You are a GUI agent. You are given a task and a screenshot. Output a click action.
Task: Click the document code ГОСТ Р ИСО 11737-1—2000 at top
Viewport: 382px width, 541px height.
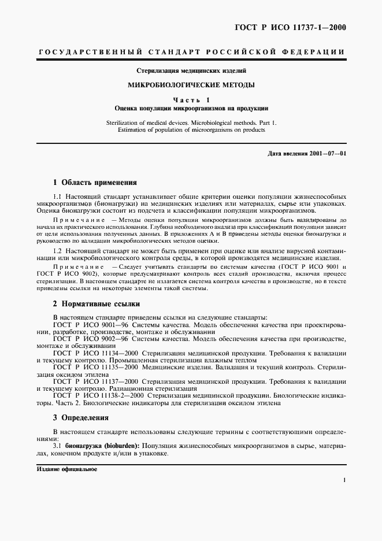(x=295, y=27)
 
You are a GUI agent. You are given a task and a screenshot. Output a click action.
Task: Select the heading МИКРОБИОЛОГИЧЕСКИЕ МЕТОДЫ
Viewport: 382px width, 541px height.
(x=191, y=84)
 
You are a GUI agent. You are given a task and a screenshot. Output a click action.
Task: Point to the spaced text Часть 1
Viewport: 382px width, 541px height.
(x=191, y=99)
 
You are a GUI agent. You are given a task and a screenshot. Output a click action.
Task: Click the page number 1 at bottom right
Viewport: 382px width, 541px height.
(x=344, y=480)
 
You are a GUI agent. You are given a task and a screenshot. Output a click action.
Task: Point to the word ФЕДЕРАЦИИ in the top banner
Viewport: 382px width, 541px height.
(x=317, y=52)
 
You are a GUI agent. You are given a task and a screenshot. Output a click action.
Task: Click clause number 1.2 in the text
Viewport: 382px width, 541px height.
(x=57, y=250)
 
